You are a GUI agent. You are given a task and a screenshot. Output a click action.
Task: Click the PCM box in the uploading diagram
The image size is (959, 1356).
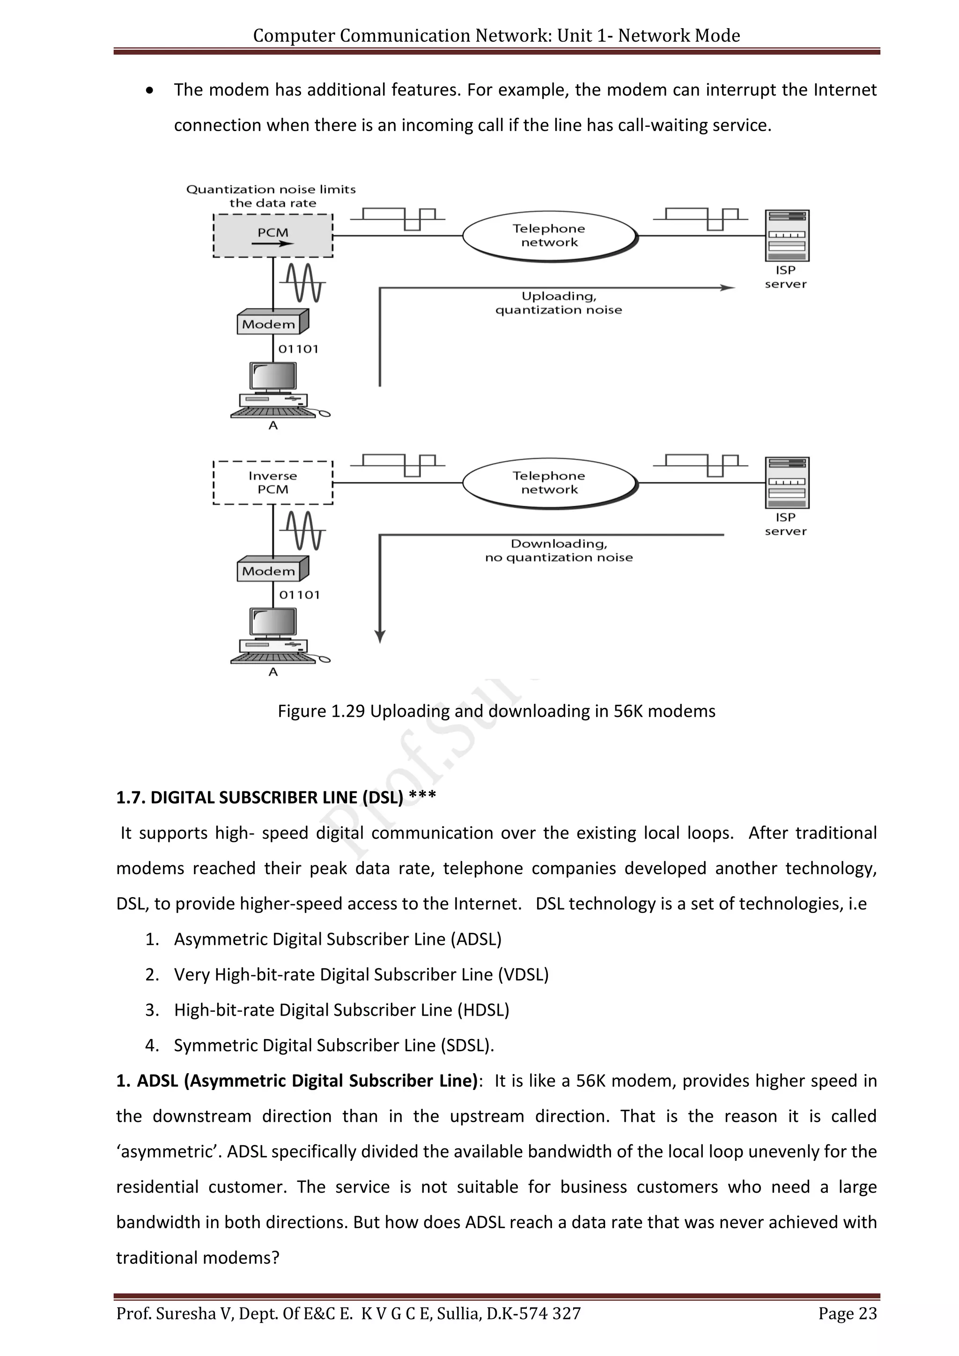(273, 236)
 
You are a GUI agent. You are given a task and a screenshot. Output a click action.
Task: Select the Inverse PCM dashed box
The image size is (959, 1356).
(273, 483)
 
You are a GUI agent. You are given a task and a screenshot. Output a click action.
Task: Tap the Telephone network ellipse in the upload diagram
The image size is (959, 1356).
(549, 236)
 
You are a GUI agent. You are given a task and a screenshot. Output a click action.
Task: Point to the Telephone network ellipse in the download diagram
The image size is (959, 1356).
(549, 483)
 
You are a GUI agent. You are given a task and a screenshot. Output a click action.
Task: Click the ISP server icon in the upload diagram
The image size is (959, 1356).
(787, 236)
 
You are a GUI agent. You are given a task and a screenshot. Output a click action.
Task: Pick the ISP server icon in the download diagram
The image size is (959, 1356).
(787, 483)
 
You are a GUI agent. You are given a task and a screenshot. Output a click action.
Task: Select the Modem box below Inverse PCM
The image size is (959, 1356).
(272, 570)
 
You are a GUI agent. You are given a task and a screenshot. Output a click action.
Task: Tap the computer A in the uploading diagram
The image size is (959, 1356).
(273, 390)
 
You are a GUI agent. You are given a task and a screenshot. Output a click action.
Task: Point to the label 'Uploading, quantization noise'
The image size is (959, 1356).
(559, 303)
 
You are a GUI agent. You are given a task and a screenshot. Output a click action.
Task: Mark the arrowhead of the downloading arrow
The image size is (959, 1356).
(380, 637)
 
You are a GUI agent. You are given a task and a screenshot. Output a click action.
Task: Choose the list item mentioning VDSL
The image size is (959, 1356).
(361, 974)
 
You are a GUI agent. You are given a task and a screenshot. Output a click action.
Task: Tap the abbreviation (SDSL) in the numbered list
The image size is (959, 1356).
(465, 1046)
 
